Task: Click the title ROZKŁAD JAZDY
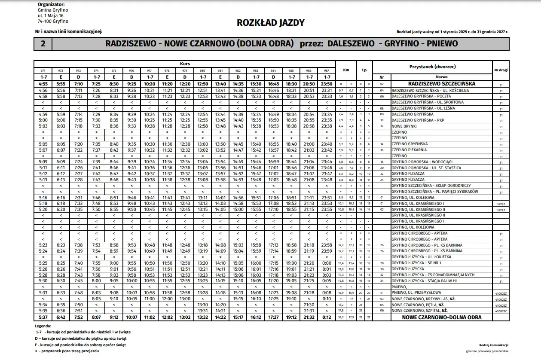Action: point(270,23)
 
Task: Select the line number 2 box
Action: point(43,43)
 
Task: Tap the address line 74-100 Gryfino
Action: point(53,21)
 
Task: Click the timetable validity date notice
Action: point(452,31)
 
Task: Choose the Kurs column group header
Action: point(185,64)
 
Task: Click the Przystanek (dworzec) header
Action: point(432,67)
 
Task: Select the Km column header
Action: point(345,70)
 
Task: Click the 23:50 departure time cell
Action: point(327,84)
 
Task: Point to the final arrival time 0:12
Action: point(327,317)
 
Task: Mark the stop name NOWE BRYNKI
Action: point(405,126)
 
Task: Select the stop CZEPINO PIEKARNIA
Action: point(409,150)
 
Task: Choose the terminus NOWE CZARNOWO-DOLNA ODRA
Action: point(441,317)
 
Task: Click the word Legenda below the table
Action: point(43,326)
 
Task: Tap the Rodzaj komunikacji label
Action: point(494,345)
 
